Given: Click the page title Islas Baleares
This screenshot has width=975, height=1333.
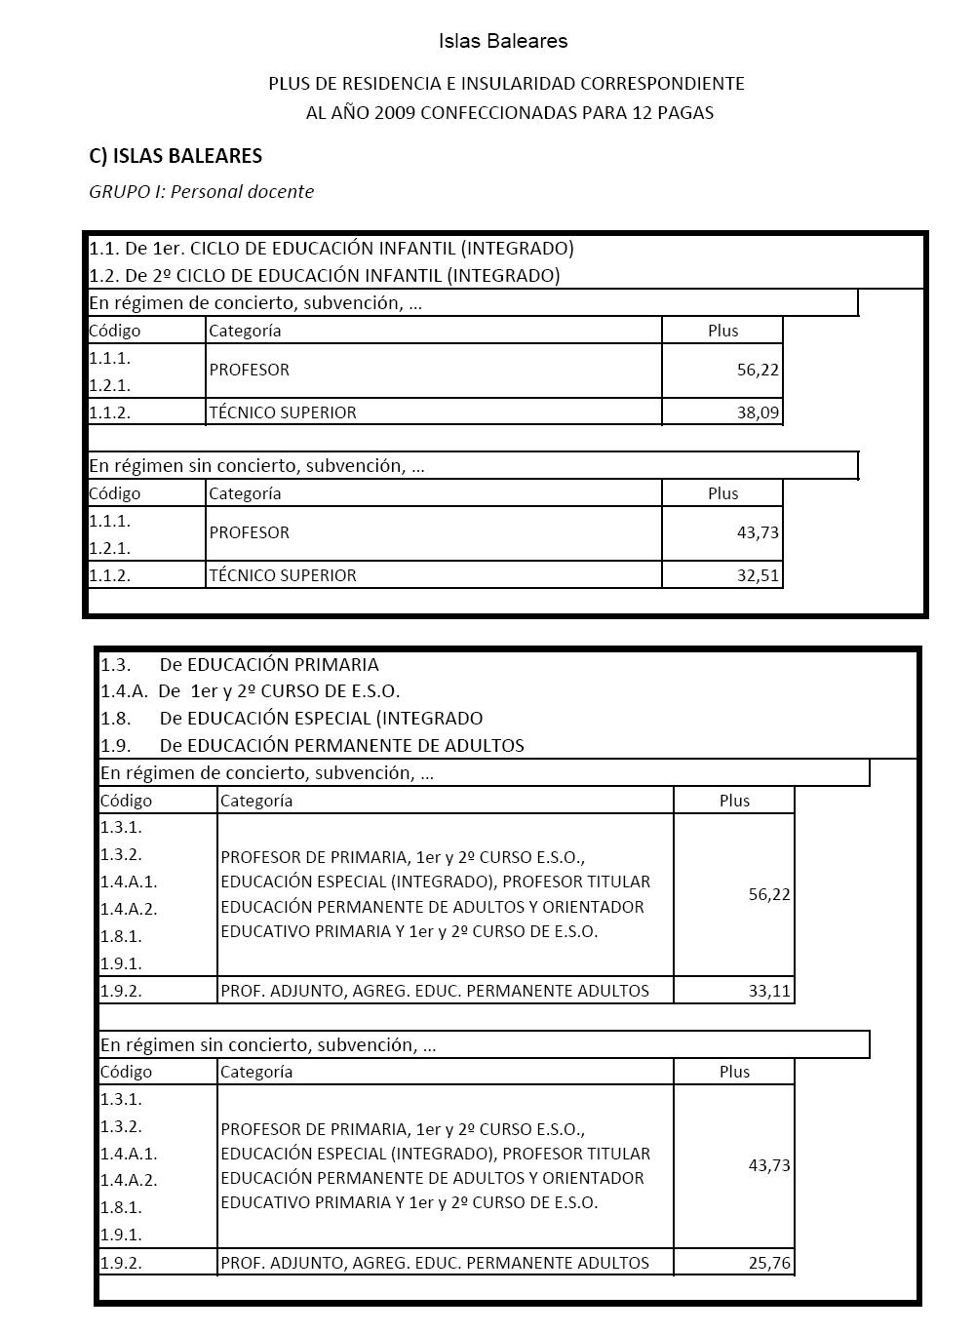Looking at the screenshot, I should click(x=502, y=41).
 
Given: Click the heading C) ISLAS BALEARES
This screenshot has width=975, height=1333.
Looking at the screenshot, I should click(x=175, y=156).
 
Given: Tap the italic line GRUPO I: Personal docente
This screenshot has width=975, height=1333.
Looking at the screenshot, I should click(x=202, y=192).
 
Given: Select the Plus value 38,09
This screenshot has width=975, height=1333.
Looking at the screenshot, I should click(x=758, y=412).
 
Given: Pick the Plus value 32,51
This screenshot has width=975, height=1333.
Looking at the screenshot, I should click(x=758, y=575).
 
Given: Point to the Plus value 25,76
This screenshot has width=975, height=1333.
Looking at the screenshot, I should click(x=769, y=1263).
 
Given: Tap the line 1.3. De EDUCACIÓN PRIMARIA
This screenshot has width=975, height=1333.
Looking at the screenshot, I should click(x=240, y=665).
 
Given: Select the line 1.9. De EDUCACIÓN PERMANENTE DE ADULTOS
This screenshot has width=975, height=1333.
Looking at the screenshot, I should click(x=312, y=746).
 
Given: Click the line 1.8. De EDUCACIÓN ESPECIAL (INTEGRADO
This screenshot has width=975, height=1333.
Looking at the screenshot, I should click(x=292, y=719).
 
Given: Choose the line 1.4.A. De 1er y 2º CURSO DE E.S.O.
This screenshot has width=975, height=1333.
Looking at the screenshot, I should click(x=250, y=691).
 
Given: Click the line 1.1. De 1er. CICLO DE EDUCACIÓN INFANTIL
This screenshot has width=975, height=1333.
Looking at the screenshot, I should click(x=331, y=248).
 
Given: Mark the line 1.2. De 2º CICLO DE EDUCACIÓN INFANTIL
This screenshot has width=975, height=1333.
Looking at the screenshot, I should click(x=325, y=275).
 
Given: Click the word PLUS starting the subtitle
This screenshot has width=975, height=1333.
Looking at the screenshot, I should click(x=289, y=84).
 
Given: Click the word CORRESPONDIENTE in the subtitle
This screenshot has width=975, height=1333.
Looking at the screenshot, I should click(x=666, y=84).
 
